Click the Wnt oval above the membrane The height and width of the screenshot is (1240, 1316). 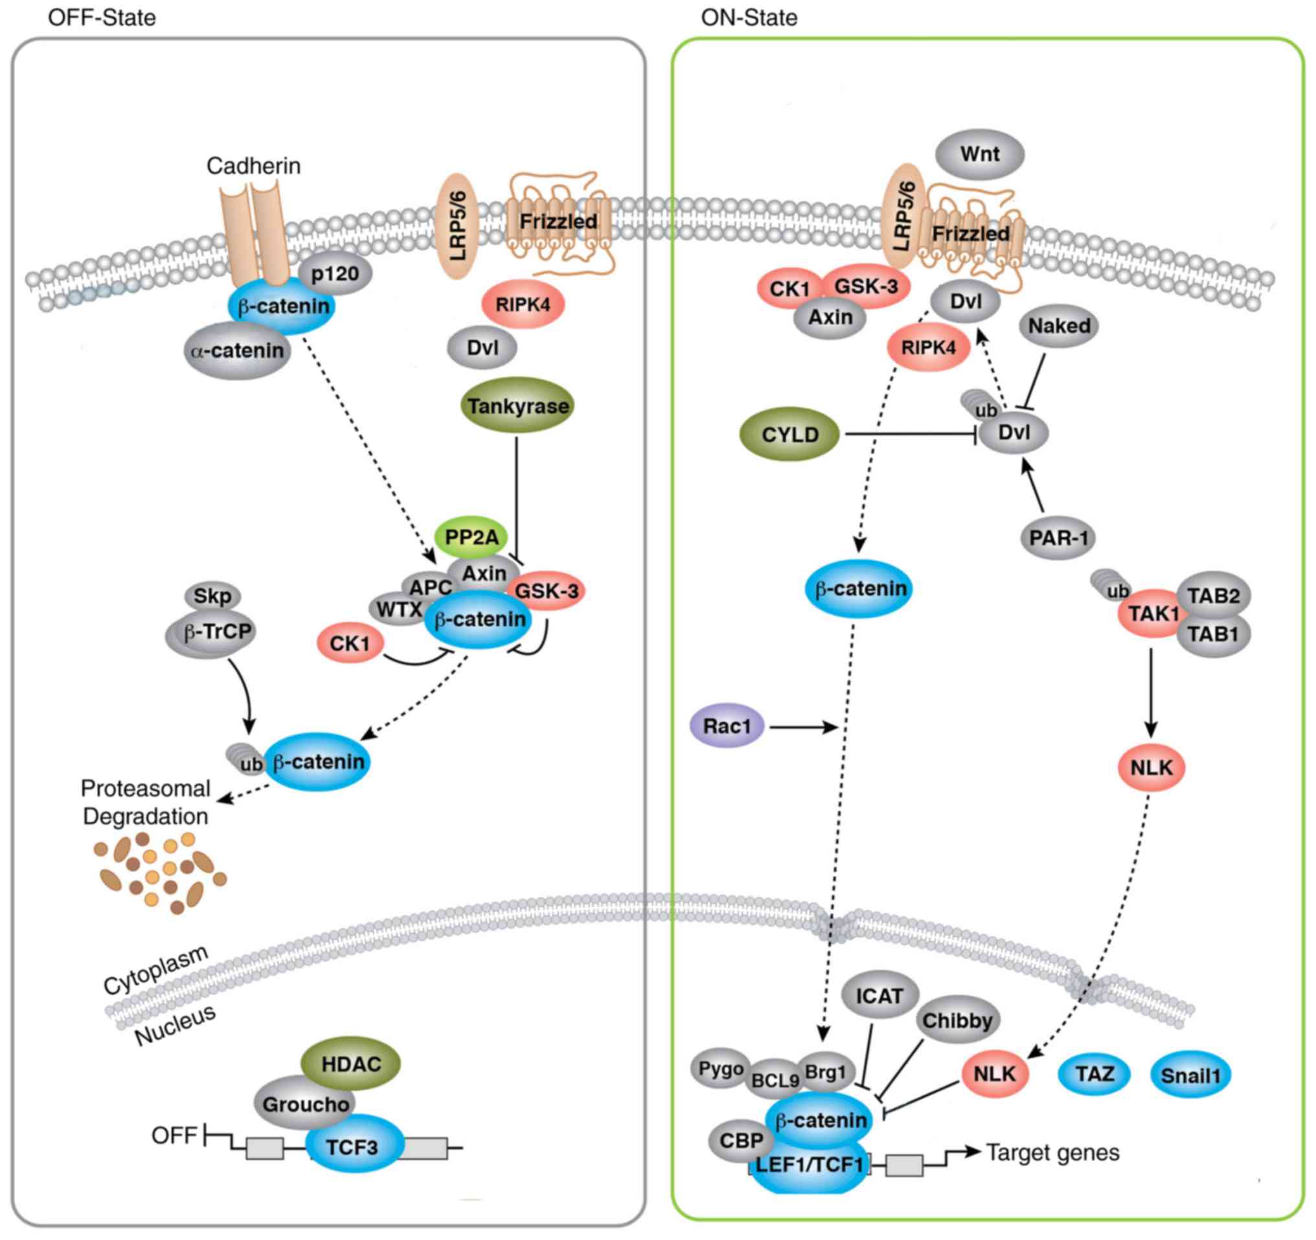(x=979, y=154)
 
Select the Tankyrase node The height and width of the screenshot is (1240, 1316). (x=517, y=405)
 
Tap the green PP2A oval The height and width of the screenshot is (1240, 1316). (x=471, y=536)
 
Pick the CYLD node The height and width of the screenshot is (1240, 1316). (x=789, y=434)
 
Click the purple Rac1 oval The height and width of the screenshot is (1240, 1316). (x=727, y=726)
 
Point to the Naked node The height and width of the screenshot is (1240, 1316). (x=1059, y=326)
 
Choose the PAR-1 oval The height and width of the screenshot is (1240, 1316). (x=1058, y=538)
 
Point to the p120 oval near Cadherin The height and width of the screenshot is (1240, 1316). (x=335, y=273)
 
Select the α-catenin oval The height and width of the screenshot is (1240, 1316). (x=237, y=350)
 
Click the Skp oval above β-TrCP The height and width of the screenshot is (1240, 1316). (x=212, y=596)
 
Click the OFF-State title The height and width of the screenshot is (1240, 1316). (x=102, y=17)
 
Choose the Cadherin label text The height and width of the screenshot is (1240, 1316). (x=253, y=165)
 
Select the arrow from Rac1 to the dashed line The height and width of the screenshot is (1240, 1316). (x=804, y=728)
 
